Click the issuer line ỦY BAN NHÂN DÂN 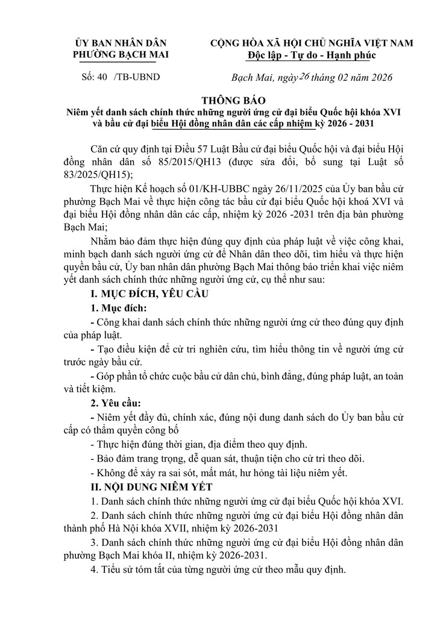point(121,43)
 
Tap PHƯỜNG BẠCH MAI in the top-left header point(121,55)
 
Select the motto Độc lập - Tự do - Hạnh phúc point(311,55)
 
